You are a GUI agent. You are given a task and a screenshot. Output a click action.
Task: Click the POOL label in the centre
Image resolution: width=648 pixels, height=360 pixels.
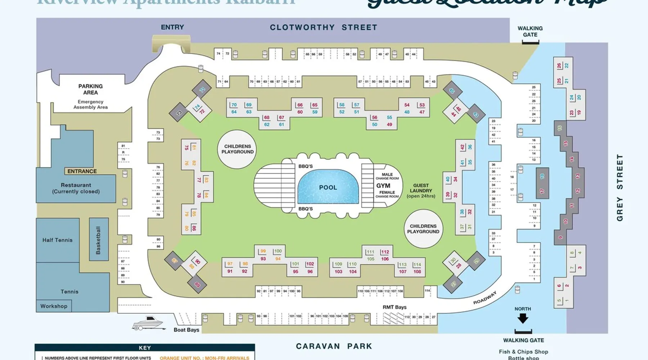[328, 188]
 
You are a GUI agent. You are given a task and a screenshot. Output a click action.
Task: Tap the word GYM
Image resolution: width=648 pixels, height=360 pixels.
[383, 186]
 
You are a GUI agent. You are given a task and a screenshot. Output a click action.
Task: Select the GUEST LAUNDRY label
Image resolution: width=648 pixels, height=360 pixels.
[421, 190]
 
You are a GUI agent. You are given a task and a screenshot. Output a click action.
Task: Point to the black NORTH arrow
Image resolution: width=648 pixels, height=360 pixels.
[523, 318]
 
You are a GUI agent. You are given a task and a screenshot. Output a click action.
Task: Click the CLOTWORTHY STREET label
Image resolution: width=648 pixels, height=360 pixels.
[324, 27]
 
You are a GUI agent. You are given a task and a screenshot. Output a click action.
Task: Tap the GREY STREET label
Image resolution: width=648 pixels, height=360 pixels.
[620, 188]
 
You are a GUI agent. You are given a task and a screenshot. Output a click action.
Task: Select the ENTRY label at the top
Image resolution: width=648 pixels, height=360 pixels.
[172, 27]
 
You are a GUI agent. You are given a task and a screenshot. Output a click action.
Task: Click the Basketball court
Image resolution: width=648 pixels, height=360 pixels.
[99, 240]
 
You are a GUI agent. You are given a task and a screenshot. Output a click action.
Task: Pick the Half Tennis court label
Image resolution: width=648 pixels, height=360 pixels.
[58, 240]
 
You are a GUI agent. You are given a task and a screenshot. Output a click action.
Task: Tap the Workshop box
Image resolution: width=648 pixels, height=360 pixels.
[54, 306]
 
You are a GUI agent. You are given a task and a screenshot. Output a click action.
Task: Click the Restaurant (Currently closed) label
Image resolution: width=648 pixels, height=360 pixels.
[76, 188]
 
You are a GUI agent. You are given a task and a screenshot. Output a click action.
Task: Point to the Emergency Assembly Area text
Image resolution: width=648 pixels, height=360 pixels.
[90, 104]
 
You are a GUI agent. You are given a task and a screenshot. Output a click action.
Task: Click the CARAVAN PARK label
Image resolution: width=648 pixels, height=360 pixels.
[334, 346]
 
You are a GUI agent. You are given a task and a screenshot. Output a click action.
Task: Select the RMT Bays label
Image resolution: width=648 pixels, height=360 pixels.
[394, 307]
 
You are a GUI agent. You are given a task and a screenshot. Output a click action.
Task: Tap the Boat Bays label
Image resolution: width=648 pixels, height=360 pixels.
[186, 330]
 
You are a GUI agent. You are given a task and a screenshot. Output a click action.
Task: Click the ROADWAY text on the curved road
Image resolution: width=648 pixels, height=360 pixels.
[485, 298]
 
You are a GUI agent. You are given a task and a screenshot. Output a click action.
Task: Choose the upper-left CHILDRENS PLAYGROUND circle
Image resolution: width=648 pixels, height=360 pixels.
[237, 149]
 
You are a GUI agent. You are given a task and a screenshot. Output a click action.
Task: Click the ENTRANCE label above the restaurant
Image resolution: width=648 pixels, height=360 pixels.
[82, 171]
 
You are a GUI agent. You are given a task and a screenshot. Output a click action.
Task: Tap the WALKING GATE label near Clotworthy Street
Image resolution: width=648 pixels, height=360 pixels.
[530, 31]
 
